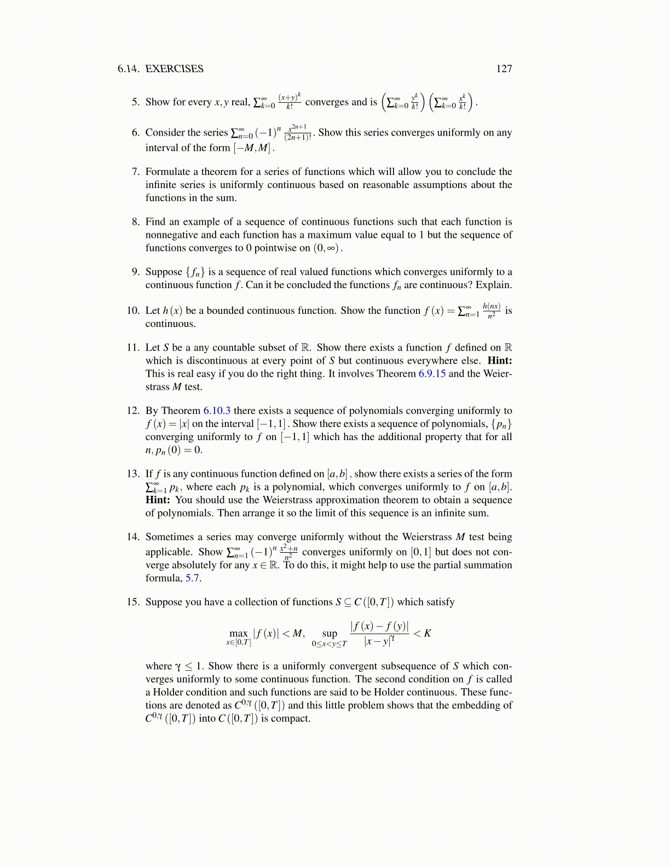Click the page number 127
pyautogui.click(x=504, y=69)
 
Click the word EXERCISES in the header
pyautogui.click(x=174, y=69)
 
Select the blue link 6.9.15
pyautogui.click(x=432, y=374)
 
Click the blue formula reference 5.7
pyautogui.click(x=193, y=578)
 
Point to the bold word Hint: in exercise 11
pyautogui.click(x=499, y=361)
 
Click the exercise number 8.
pyautogui.click(x=136, y=222)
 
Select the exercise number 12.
pyautogui.click(x=133, y=411)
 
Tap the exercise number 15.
pyautogui.click(x=133, y=602)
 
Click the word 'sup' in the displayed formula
pyautogui.click(x=330, y=633)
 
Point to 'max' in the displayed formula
pyautogui.click(x=239, y=633)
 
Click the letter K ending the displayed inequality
pyautogui.click(x=428, y=633)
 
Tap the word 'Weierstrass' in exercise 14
pyautogui.click(x=427, y=537)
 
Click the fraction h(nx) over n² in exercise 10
pyautogui.click(x=491, y=311)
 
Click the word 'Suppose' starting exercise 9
pyautogui.click(x=164, y=272)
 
